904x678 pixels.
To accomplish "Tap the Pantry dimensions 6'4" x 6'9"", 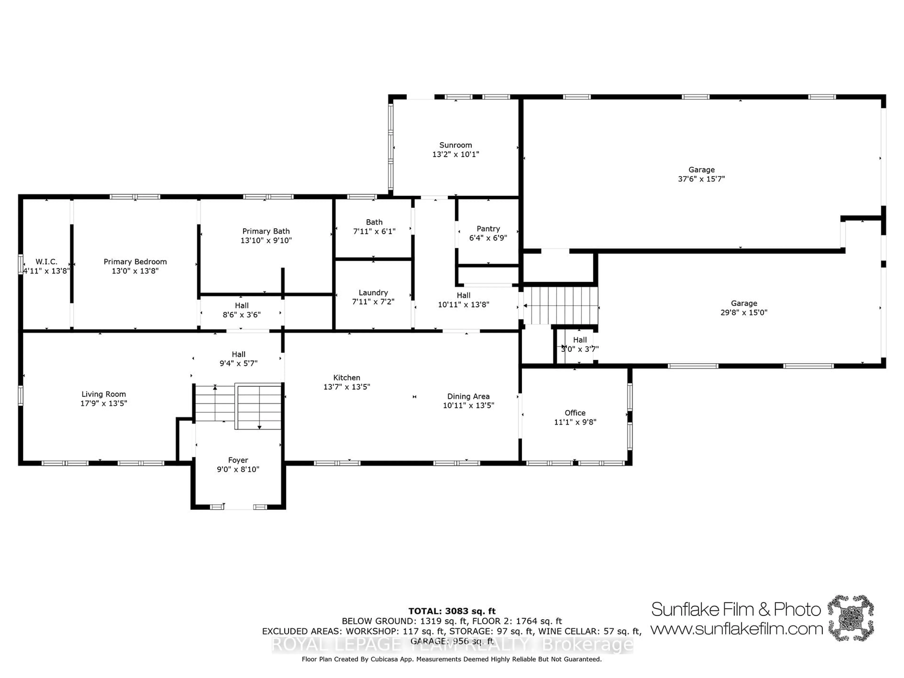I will (x=488, y=238).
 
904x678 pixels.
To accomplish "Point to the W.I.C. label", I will (x=46, y=262).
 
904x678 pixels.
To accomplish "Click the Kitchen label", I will (x=347, y=378).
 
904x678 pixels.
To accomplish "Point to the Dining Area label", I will (x=468, y=396).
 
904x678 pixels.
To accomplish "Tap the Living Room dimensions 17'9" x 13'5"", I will (x=104, y=403).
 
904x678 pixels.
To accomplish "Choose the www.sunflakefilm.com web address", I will (x=736, y=629).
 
